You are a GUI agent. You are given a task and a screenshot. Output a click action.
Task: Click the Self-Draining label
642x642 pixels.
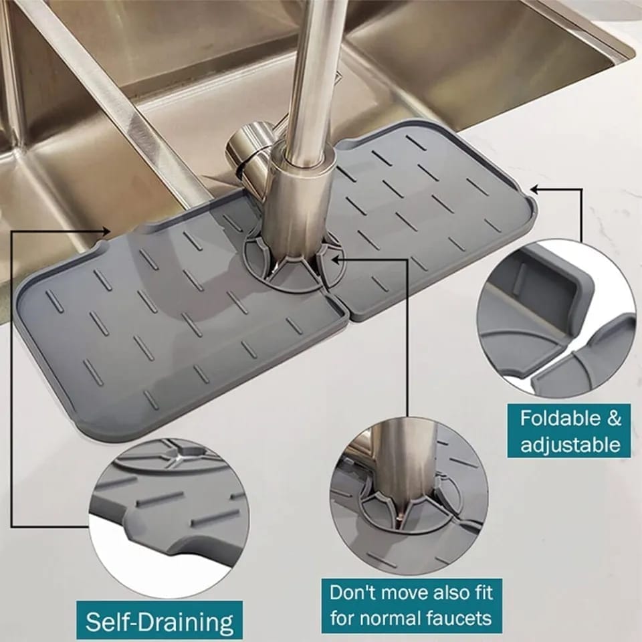(x=158, y=622)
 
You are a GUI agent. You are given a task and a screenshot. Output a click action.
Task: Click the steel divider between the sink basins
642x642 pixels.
(x=114, y=100)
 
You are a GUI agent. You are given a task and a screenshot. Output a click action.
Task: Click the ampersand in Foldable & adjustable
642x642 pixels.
(x=613, y=419)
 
